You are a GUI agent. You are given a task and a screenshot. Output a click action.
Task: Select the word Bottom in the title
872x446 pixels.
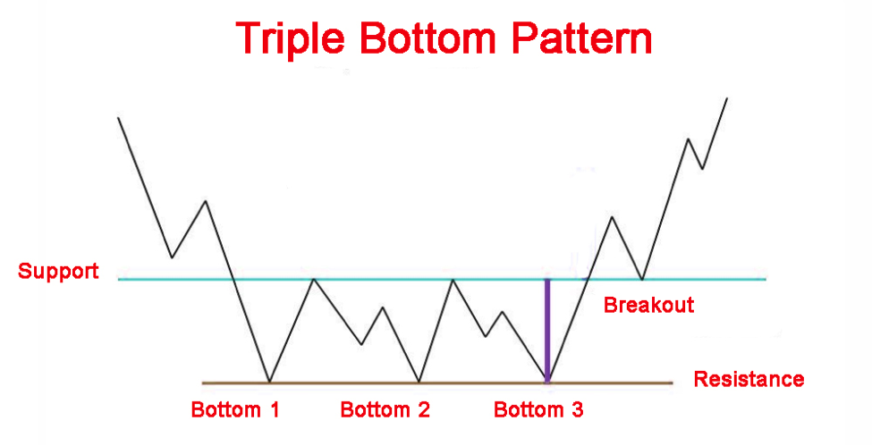(x=428, y=38)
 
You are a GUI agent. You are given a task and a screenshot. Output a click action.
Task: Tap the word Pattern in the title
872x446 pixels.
(x=581, y=38)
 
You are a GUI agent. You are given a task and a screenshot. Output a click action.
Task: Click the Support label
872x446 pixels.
(x=58, y=272)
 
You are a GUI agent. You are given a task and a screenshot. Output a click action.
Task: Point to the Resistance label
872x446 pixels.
(x=749, y=379)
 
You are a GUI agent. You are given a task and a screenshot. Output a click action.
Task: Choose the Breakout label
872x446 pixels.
(x=649, y=306)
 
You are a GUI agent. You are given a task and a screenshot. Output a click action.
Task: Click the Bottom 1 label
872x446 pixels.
(x=234, y=410)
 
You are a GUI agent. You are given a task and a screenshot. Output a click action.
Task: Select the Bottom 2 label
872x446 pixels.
(x=385, y=410)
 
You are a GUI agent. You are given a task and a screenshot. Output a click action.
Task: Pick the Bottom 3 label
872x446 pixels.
(x=538, y=410)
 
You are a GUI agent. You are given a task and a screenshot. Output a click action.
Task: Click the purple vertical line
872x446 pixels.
(x=547, y=331)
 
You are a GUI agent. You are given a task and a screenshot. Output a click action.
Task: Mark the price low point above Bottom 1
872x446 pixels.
(x=270, y=382)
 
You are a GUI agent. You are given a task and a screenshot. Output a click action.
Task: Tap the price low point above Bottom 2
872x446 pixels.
(x=419, y=382)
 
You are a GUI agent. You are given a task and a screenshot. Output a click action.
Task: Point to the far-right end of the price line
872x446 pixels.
(x=726, y=98)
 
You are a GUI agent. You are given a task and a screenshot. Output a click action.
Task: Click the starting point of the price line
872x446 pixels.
(x=118, y=118)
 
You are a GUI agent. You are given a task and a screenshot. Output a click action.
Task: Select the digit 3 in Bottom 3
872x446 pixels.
(x=577, y=410)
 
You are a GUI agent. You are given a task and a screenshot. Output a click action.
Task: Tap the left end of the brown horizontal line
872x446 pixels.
(x=202, y=383)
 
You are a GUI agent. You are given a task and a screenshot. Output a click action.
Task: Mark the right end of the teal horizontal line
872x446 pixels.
(x=766, y=279)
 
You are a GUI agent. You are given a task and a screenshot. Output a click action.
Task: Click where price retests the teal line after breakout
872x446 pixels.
(x=642, y=278)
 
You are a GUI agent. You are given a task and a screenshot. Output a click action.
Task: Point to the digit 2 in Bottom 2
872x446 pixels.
(x=423, y=410)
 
